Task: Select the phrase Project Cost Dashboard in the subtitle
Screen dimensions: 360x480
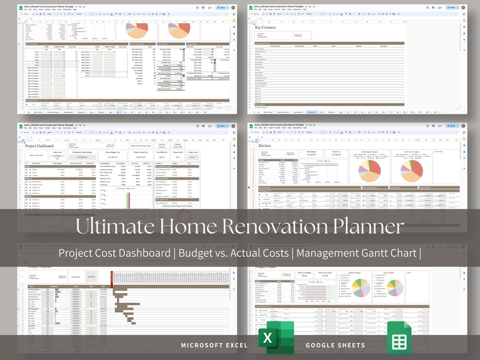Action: [x=114, y=253]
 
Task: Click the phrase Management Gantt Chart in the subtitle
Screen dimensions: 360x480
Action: [x=358, y=253]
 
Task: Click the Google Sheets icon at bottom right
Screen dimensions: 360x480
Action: [x=399, y=339]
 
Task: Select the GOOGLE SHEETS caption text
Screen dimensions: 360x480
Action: [x=335, y=345]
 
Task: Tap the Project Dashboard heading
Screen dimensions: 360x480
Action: [x=39, y=146]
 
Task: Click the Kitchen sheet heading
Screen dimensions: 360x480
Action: [x=265, y=146]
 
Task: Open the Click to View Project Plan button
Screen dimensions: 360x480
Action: [x=140, y=146]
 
